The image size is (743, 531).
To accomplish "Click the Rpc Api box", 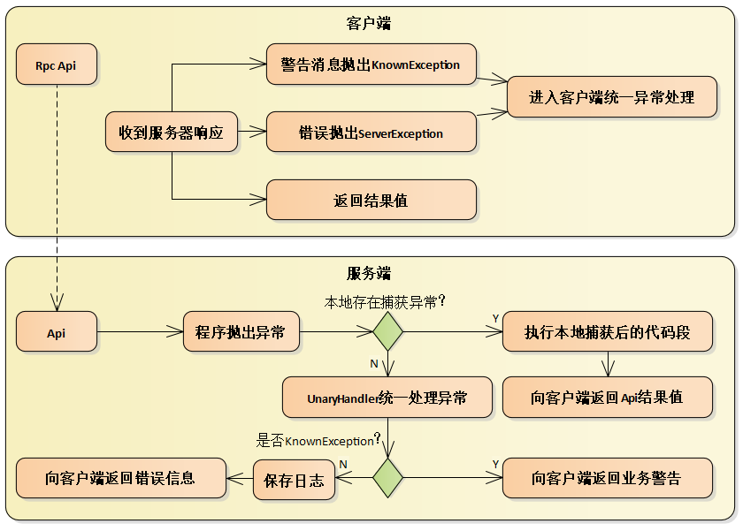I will click(57, 65).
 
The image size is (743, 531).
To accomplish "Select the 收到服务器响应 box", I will click(172, 133).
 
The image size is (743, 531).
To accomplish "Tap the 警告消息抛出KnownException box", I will click(371, 64).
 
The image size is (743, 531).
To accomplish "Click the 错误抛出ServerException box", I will click(371, 133).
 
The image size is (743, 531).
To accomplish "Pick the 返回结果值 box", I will click(371, 201).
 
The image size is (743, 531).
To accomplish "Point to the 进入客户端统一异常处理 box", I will click(611, 96).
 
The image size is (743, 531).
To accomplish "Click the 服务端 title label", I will click(369, 273).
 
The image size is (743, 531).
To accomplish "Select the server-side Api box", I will click(57, 333).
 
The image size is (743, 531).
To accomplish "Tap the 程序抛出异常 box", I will click(241, 333).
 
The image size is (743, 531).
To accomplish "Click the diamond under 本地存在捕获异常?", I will click(387, 333).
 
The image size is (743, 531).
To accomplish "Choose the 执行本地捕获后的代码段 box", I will click(607, 333).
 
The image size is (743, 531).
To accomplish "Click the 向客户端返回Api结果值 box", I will click(607, 398).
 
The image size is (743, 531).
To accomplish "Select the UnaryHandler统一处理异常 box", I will click(387, 398).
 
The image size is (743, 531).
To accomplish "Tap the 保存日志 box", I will click(294, 480).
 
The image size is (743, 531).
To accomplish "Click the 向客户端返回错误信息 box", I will click(120, 478).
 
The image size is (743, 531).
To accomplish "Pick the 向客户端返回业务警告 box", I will click(607, 478).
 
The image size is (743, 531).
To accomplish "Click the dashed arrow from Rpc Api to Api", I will click(57, 194).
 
